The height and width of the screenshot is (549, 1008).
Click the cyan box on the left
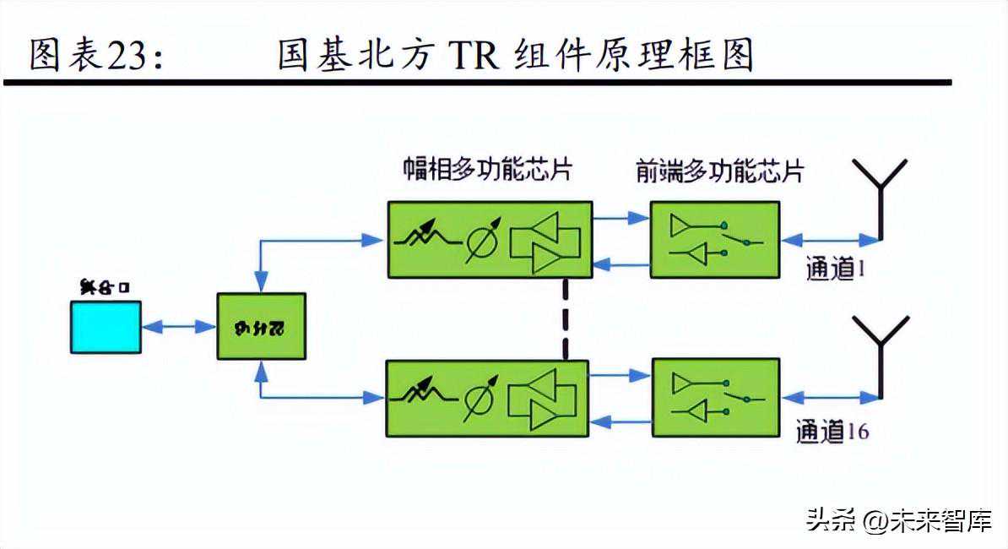106,326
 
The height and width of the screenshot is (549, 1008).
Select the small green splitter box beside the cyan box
261,326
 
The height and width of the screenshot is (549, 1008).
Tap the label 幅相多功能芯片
487,170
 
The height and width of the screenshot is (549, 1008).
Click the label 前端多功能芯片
719,171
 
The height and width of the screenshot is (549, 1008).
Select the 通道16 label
832,432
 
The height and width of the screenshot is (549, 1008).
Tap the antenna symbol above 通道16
881,355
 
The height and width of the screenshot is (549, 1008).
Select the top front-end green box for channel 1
714,239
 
